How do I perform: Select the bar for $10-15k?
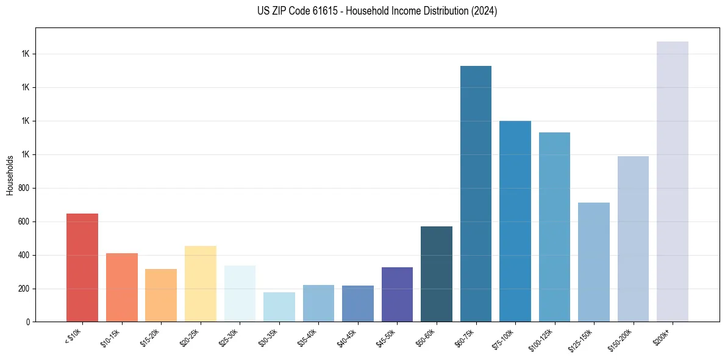click(121, 287)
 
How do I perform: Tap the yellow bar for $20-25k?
click(200, 283)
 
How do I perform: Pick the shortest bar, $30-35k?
click(279, 307)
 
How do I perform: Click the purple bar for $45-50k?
click(397, 294)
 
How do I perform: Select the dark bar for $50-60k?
click(437, 274)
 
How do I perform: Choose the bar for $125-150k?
click(594, 262)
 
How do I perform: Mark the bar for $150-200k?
click(633, 239)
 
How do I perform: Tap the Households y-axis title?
click(10, 175)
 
